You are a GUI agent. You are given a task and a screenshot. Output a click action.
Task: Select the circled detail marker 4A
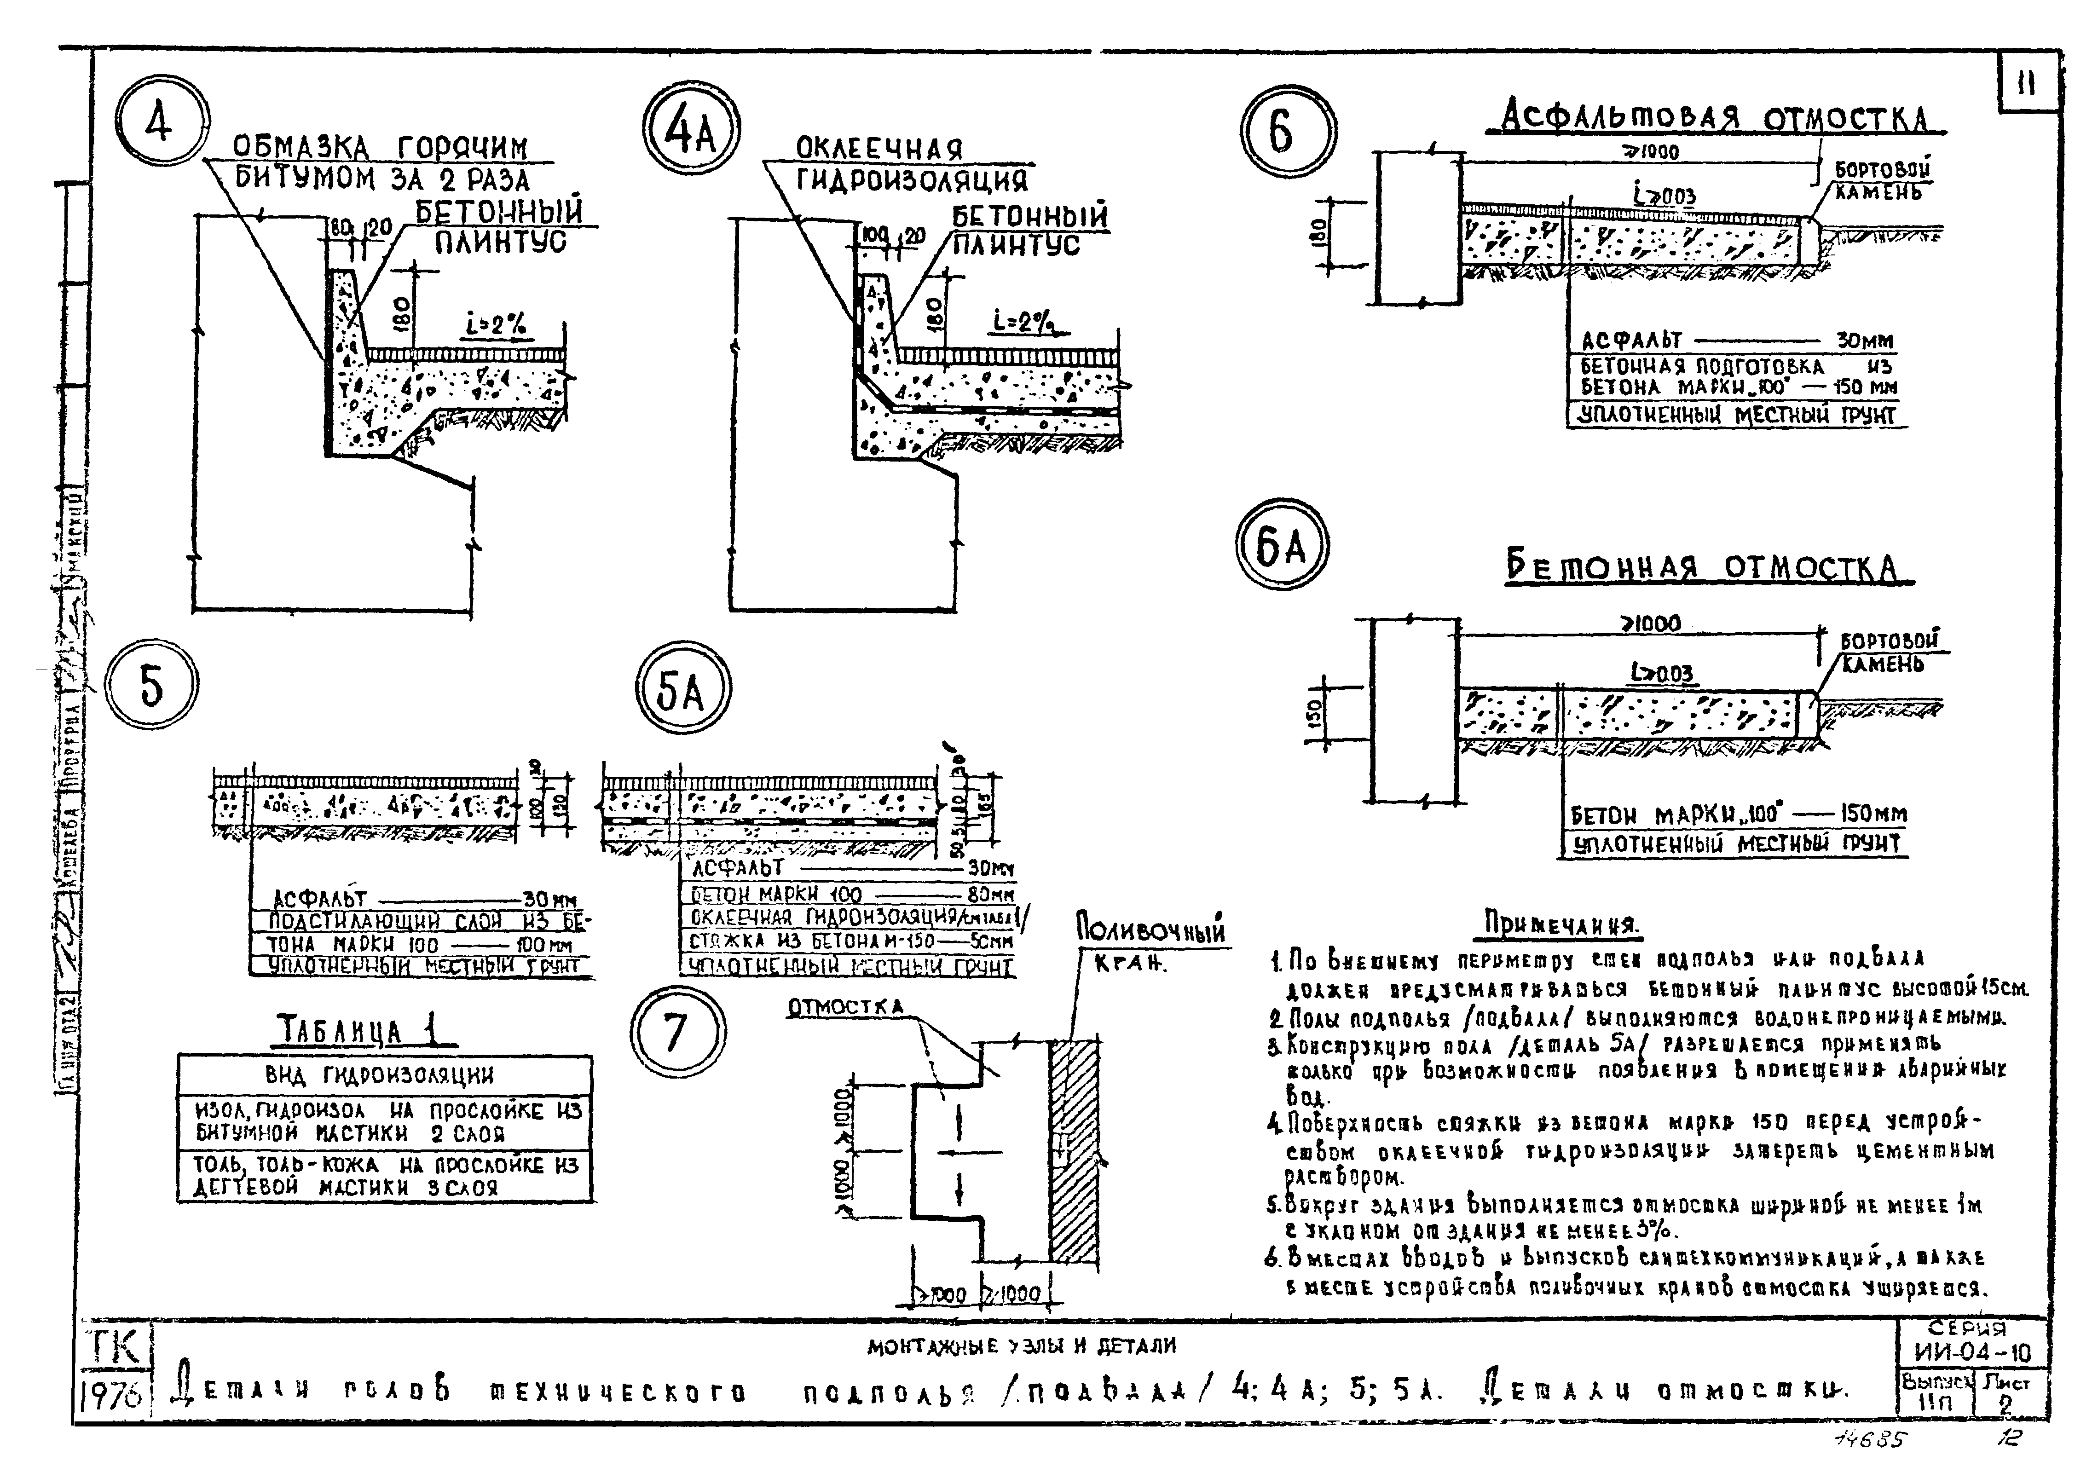pyautogui.click(x=691, y=134)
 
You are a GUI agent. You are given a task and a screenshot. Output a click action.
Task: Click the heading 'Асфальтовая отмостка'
pyautogui.click(x=1714, y=119)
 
